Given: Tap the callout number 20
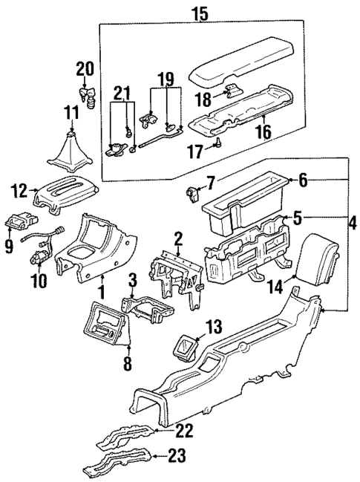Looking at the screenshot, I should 86,69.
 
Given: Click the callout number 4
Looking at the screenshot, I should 353,222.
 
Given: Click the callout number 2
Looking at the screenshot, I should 178,238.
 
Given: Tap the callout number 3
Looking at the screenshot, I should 132,280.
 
